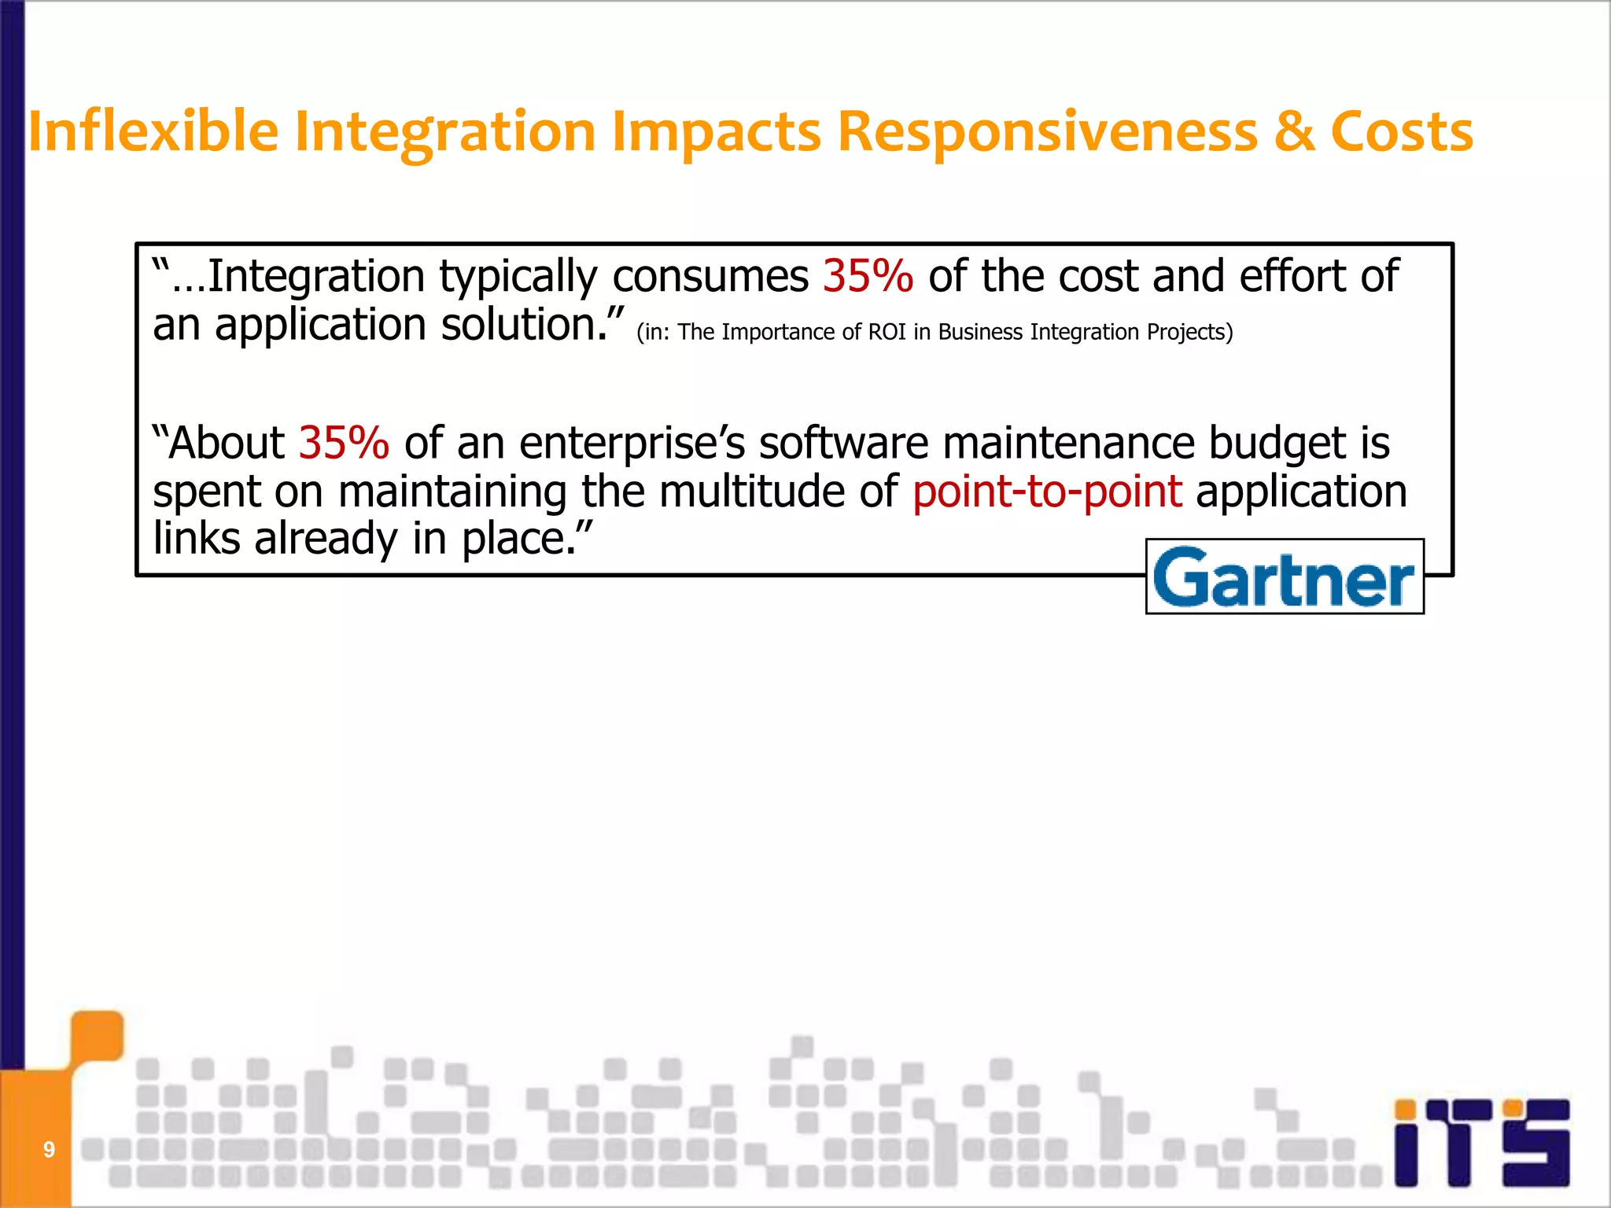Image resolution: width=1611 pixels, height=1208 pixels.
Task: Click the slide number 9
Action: coord(49,1150)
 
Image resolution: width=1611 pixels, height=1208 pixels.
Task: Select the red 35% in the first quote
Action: coord(868,276)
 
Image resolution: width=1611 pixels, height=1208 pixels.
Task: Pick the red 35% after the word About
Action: coord(344,443)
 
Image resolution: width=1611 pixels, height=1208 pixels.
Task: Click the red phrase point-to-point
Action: coord(1047,492)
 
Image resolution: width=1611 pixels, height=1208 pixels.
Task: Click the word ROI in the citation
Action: coord(887,332)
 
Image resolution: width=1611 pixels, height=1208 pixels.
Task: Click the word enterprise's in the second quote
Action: coord(632,444)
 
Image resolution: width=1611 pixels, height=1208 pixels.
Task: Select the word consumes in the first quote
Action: coord(710,277)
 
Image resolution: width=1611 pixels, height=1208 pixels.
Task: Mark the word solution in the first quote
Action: coord(520,325)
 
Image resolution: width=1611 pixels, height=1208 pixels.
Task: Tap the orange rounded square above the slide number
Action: coord(97,1035)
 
